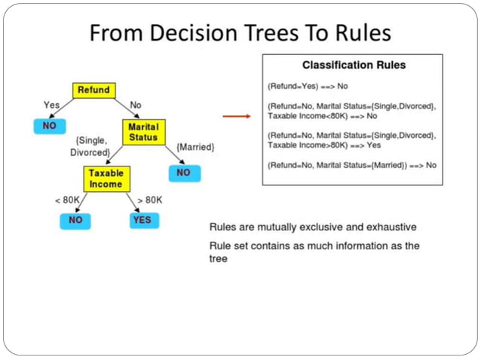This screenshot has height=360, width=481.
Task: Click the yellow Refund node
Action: pos(93,90)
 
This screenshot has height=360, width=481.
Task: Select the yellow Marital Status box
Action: pos(142,131)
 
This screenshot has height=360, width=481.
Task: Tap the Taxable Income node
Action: pos(106,178)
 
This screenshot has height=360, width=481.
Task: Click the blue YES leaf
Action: pos(141,220)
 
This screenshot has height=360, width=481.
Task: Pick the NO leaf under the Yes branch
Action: pos(49,126)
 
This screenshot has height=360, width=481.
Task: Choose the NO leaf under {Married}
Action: pos(184,172)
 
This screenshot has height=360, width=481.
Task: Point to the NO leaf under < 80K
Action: pos(75,220)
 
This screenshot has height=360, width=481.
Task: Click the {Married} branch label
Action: pos(195,147)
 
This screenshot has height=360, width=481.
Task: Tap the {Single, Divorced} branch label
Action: pos(91,146)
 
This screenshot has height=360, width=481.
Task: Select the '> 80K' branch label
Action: pos(149,200)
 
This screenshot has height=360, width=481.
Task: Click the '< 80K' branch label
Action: pos(67,200)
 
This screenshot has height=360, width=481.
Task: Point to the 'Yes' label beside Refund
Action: pos(51,104)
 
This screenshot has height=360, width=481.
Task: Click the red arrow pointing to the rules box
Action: pos(236,117)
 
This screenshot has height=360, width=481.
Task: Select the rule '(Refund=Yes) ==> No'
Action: pos(308,87)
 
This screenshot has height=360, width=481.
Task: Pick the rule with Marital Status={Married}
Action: pos(351,165)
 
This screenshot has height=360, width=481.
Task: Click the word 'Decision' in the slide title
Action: pos(197,34)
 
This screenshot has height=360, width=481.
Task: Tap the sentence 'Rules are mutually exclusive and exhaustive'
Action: pos(312,226)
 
